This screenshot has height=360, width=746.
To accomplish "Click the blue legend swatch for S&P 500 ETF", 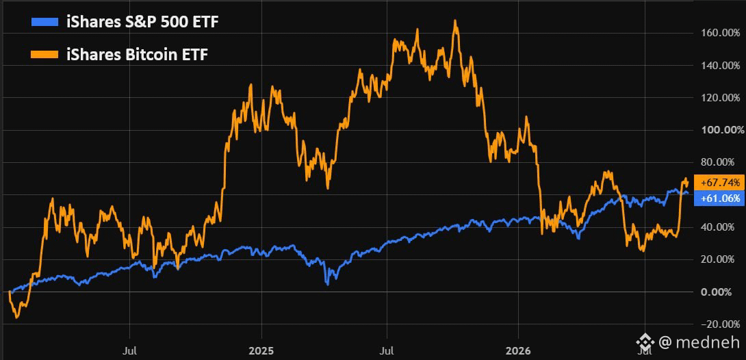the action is [x=44, y=21].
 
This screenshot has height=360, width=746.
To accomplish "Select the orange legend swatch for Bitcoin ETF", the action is [x=44, y=55].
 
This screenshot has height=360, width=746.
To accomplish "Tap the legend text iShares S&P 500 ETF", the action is [x=143, y=21].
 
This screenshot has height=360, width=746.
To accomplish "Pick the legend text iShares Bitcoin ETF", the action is [x=137, y=55].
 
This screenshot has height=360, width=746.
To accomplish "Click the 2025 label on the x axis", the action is [x=261, y=351].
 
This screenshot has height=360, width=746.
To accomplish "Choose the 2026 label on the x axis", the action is [x=517, y=351].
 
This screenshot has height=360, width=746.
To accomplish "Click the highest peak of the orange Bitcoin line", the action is [x=455, y=21].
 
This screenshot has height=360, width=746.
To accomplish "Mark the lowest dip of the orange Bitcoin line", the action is [x=17, y=318].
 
